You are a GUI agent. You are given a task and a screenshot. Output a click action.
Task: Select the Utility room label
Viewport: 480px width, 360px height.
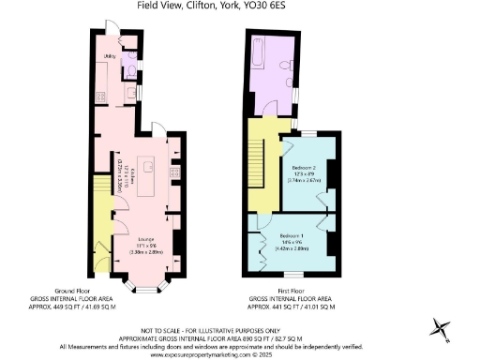110,57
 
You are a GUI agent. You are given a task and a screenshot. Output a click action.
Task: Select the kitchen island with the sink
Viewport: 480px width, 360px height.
148,178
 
